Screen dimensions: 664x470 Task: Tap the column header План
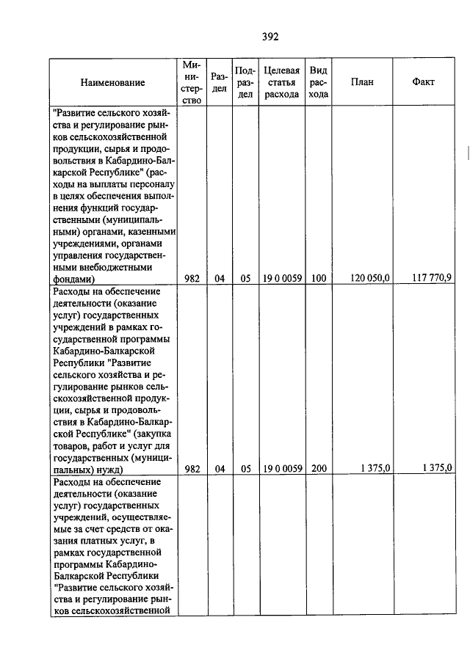tap(362, 82)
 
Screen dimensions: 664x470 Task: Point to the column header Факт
tap(424, 82)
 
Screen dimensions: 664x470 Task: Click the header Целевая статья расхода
tap(281, 82)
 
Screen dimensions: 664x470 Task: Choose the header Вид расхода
tap(319, 82)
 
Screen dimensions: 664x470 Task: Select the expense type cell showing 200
tap(319, 468)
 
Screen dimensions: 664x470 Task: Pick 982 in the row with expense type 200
tap(192, 468)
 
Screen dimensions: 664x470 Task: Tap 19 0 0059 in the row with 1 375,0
tap(282, 468)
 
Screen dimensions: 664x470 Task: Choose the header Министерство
tap(192, 82)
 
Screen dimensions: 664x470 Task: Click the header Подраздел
tap(246, 82)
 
